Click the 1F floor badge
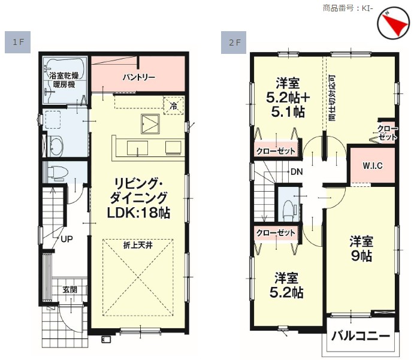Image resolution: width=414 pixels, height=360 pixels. coord(18,42)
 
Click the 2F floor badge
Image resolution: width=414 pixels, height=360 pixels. coord(234,43)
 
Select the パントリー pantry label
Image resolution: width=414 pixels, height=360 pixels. coord(138,77)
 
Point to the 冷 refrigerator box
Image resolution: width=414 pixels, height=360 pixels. coord(174,106)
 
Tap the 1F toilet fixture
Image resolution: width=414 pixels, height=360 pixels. coord(58,173)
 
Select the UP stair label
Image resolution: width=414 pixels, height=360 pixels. coord(67,239)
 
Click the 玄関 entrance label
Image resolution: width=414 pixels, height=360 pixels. coord(70,289)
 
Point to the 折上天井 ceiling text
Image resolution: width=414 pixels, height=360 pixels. coord(138,245)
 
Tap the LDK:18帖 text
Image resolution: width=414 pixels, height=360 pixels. coord(138,213)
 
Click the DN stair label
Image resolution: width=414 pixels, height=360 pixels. coord(297,172)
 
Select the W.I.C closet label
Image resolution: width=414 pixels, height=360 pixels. coord(373,166)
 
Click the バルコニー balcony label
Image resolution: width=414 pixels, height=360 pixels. coord(361,336)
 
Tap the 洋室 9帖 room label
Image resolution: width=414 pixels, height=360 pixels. coord(361,249)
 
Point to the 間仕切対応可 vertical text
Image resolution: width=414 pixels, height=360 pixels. coord(332,98)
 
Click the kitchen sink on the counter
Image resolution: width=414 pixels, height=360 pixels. coord(137,148)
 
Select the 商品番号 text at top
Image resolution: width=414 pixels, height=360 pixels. coord(339,8)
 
